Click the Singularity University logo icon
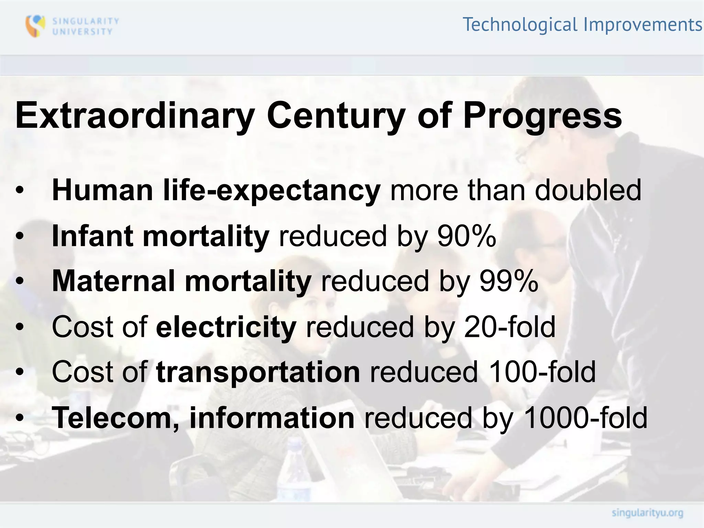35,26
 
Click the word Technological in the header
520,25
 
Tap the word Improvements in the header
642,25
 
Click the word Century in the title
336,116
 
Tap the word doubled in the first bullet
588,190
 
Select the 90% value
466,236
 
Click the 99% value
509,281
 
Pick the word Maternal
113,281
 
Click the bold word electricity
226,327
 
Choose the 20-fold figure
509,327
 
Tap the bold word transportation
258,372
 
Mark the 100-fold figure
542,372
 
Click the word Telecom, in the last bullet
115,418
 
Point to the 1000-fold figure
586,418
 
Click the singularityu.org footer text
647,513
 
